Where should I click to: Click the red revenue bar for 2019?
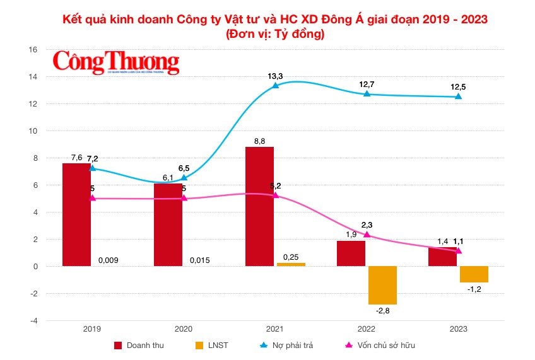pos(76,214)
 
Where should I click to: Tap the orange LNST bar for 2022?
pos(382,285)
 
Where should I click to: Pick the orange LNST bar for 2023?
pos(474,274)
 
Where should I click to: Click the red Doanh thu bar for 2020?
pos(168,224)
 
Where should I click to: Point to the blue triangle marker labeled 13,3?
pos(276,85)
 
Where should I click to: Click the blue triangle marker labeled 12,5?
pos(459,96)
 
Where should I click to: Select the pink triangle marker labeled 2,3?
pos(367,235)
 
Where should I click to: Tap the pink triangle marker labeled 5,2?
pos(276,195)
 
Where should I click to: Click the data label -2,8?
pos(382,311)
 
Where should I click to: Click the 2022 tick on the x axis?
pos(367,329)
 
